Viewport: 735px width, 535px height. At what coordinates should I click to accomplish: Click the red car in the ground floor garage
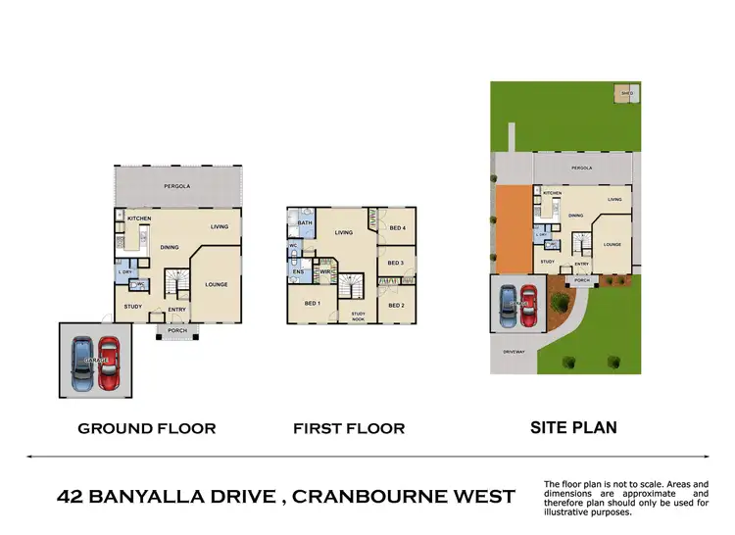(x=110, y=362)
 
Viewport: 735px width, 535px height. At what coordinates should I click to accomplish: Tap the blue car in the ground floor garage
(x=83, y=362)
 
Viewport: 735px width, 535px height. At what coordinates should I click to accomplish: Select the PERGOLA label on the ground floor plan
(x=176, y=185)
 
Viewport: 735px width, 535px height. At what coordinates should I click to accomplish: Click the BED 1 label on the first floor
(x=312, y=302)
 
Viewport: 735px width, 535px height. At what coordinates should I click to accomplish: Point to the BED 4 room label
(x=397, y=228)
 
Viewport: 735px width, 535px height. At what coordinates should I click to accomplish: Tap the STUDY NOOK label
(x=359, y=315)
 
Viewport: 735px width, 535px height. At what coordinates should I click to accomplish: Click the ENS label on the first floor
(x=297, y=270)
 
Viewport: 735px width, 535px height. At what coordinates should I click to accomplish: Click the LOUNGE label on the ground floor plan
(x=217, y=285)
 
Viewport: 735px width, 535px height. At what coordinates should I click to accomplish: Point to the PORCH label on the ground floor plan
(x=177, y=330)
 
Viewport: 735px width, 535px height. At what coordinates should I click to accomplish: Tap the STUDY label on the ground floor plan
(x=133, y=308)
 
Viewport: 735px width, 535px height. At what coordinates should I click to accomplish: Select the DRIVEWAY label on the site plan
(x=514, y=349)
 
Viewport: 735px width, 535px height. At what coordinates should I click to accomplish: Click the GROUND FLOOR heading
(x=147, y=428)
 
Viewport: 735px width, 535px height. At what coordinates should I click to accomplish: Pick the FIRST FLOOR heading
(x=349, y=428)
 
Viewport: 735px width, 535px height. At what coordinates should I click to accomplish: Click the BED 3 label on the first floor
(x=396, y=264)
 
